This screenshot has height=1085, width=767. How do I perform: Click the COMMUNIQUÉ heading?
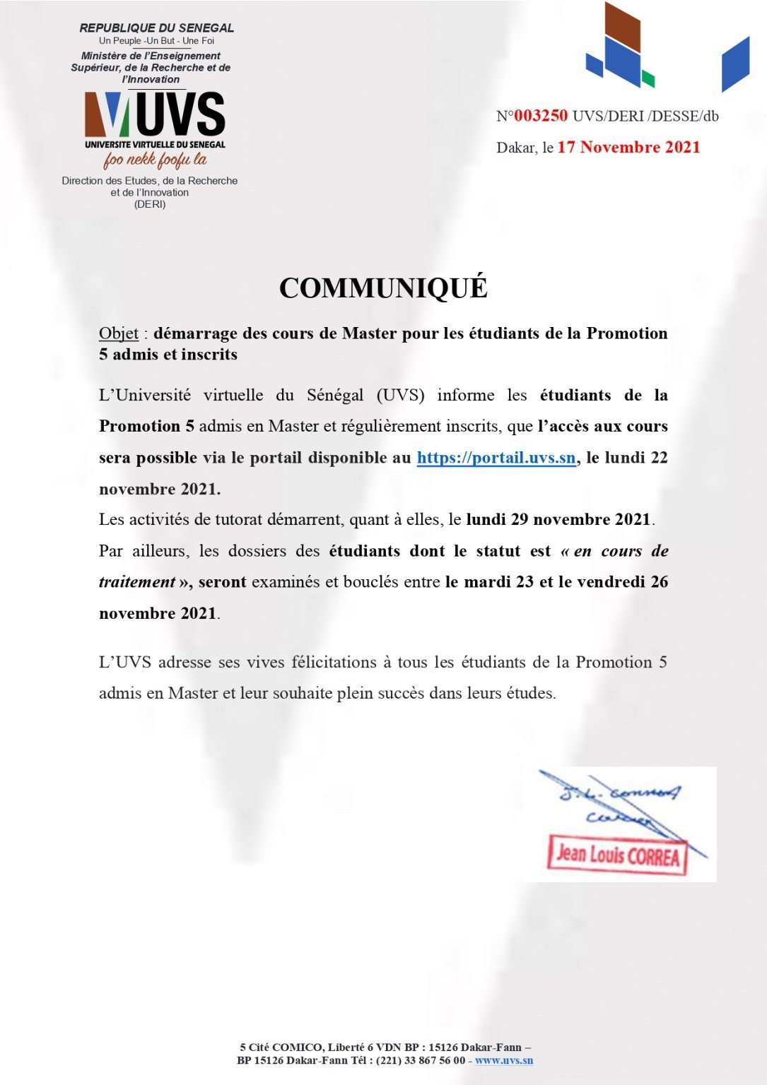click(x=383, y=288)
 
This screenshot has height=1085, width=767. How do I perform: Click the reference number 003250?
click(x=541, y=116)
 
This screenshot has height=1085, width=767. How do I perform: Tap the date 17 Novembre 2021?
click(x=628, y=147)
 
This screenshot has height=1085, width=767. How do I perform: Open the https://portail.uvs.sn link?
click(x=496, y=458)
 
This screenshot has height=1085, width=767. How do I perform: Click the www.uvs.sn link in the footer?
click(x=504, y=1060)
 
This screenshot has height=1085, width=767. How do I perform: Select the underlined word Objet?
click(x=119, y=333)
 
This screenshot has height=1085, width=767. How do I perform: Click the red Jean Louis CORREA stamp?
click(x=617, y=855)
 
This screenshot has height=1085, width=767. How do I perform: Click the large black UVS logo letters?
click(x=180, y=114)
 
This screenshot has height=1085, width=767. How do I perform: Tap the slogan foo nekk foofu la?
click(x=155, y=160)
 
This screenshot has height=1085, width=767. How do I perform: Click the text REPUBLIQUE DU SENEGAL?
click(x=156, y=28)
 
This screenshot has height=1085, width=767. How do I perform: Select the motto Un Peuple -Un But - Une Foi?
click(x=156, y=41)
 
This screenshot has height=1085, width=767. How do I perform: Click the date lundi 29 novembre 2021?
click(x=558, y=520)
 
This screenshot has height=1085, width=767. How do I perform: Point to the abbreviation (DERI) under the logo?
click(x=150, y=204)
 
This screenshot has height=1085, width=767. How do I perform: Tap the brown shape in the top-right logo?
click(x=623, y=28)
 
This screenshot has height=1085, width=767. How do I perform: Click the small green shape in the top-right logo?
click(x=648, y=78)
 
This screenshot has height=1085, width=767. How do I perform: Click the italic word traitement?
click(x=137, y=582)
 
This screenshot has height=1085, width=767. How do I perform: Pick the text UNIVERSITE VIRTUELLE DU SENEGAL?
click(x=155, y=144)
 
